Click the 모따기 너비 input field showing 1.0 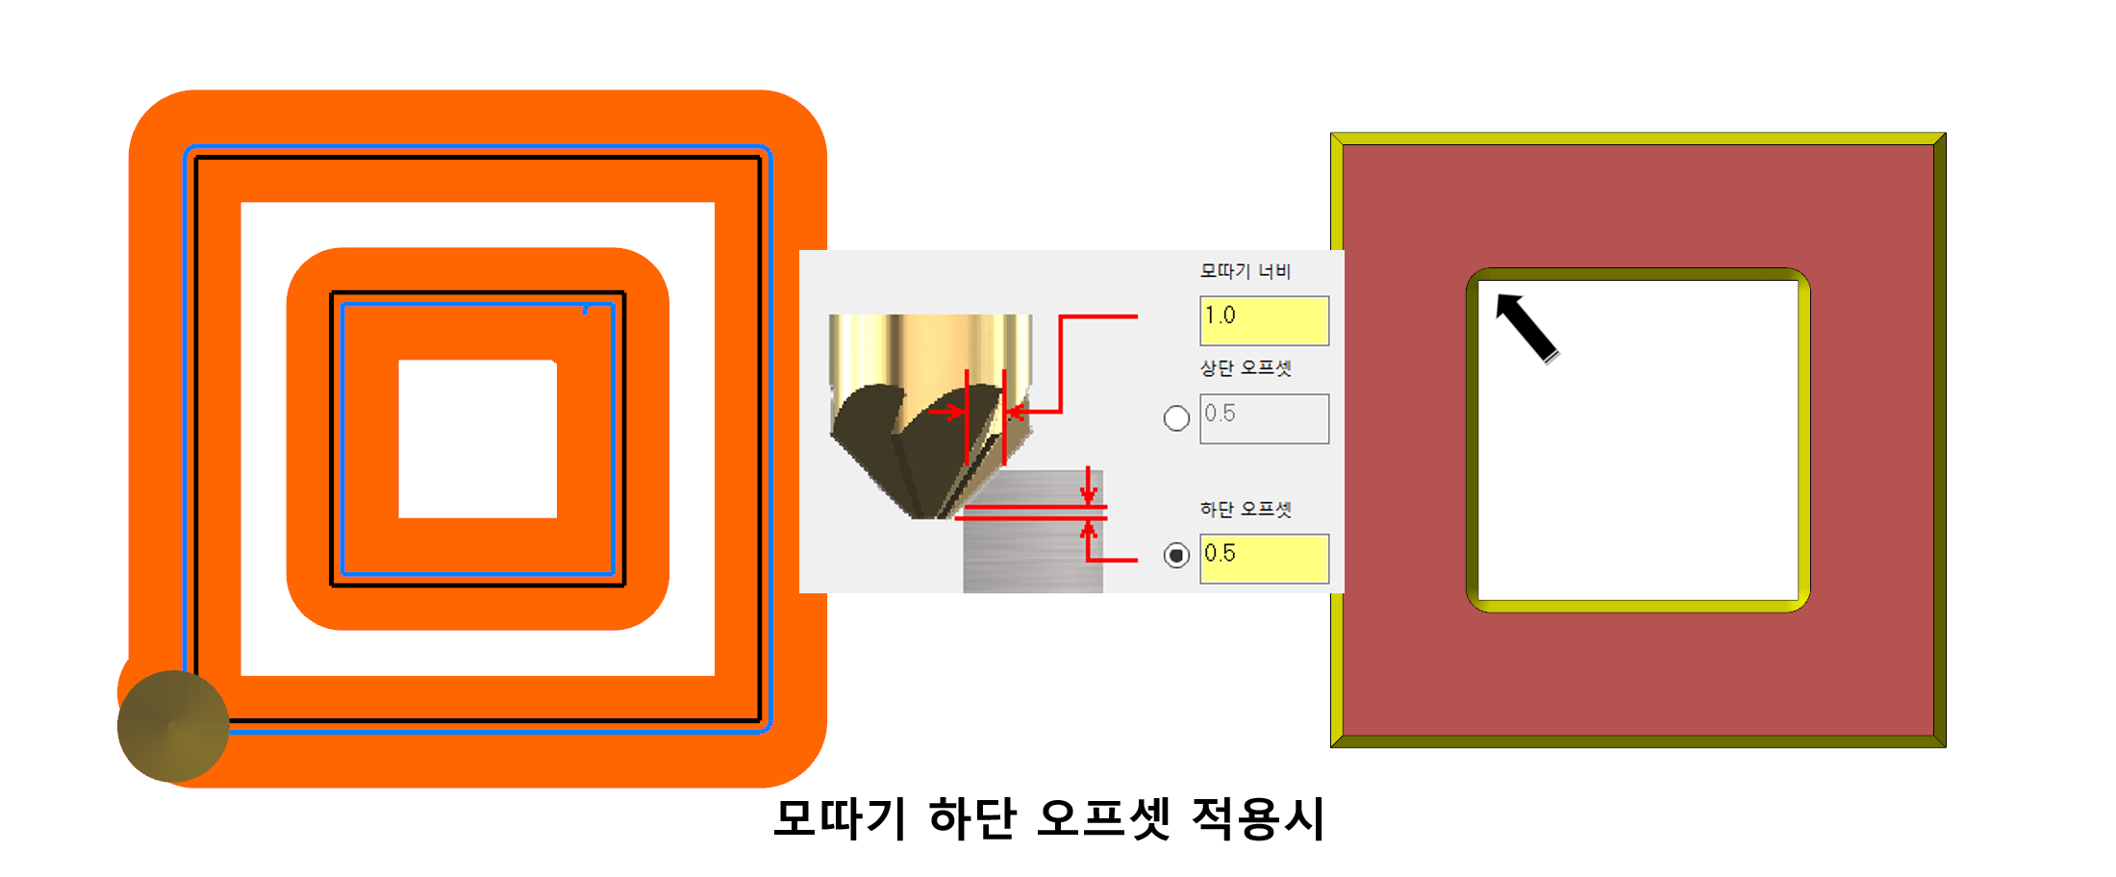tap(1264, 320)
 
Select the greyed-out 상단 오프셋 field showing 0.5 tap(1264, 418)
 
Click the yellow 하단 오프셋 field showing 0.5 tap(1264, 558)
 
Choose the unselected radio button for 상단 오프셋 tap(1176, 418)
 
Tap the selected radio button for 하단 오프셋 tap(1176, 556)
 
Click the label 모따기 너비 tap(1245, 271)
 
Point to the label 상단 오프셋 tap(1245, 368)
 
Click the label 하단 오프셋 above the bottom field tap(1245, 509)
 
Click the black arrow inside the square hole tap(1526, 327)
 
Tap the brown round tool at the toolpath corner tap(173, 726)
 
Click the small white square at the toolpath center tap(477, 438)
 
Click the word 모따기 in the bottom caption tap(840, 819)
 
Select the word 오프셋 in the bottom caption tap(1103, 819)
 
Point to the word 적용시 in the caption tap(1258, 819)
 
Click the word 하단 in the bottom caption tap(971, 819)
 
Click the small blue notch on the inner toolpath tap(585, 310)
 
